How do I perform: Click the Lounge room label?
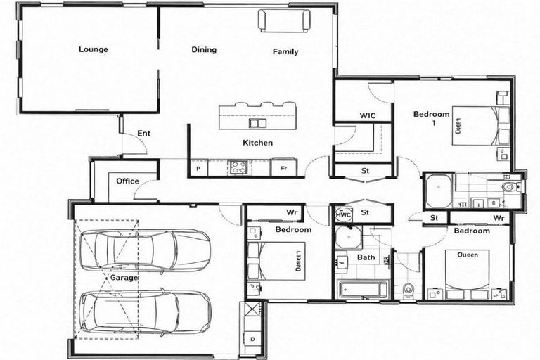[93, 49]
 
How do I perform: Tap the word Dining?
[204, 50]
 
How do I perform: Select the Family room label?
[285, 51]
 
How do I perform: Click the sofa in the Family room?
[284, 20]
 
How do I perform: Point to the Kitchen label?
[257, 143]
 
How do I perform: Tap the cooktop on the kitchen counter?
[238, 167]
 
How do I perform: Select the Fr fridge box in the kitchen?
[283, 169]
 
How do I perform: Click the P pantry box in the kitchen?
[198, 169]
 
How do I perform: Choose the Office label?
[127, 181]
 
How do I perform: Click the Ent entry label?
[143, 133]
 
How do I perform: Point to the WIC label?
[368, 115]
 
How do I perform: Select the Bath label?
[366, 257]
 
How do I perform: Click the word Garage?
[124, 278]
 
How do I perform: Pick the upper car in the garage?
[143, 250]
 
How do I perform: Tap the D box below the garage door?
[252, 339]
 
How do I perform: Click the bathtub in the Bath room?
[363, 288]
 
